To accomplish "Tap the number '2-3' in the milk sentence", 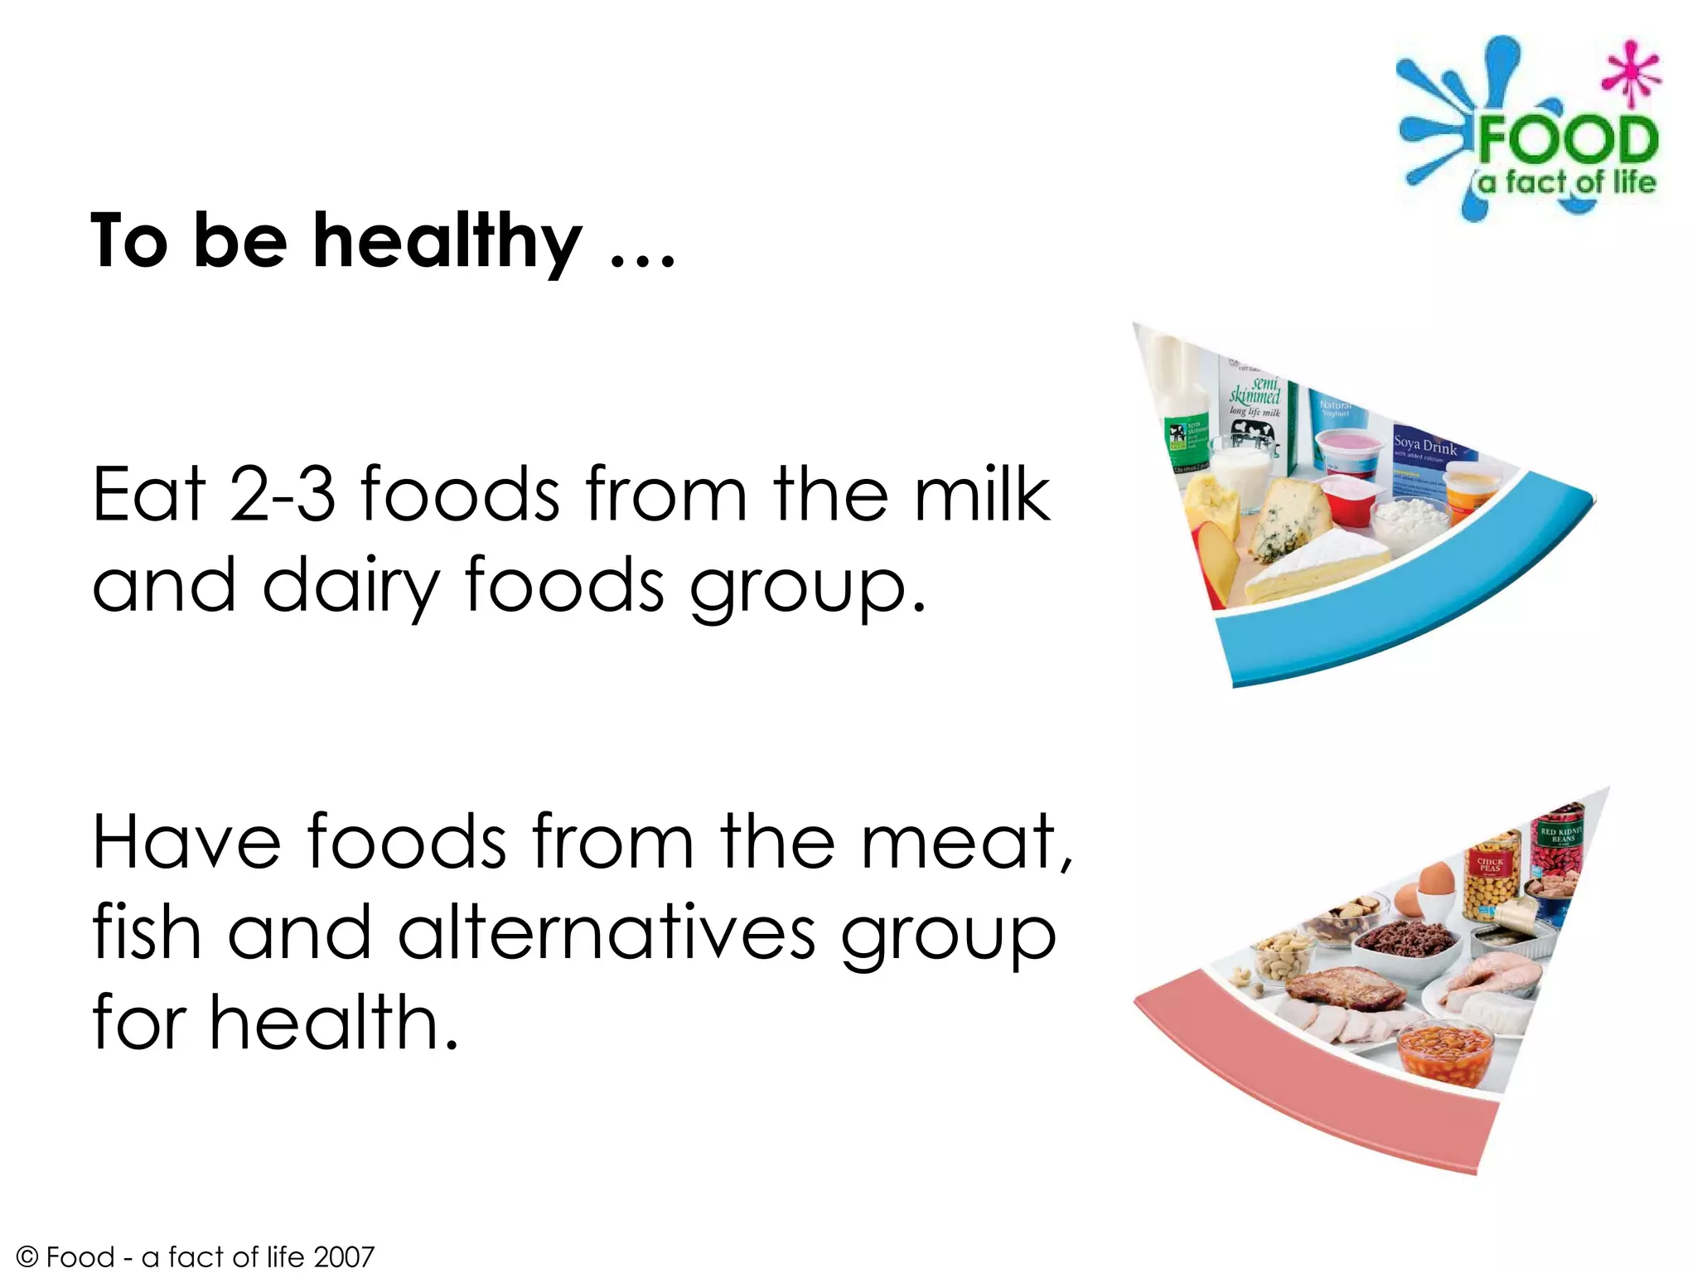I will pyautogui.click(x=283, y=495).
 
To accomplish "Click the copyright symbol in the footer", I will pyautogui.click(x=27, y=1257).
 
